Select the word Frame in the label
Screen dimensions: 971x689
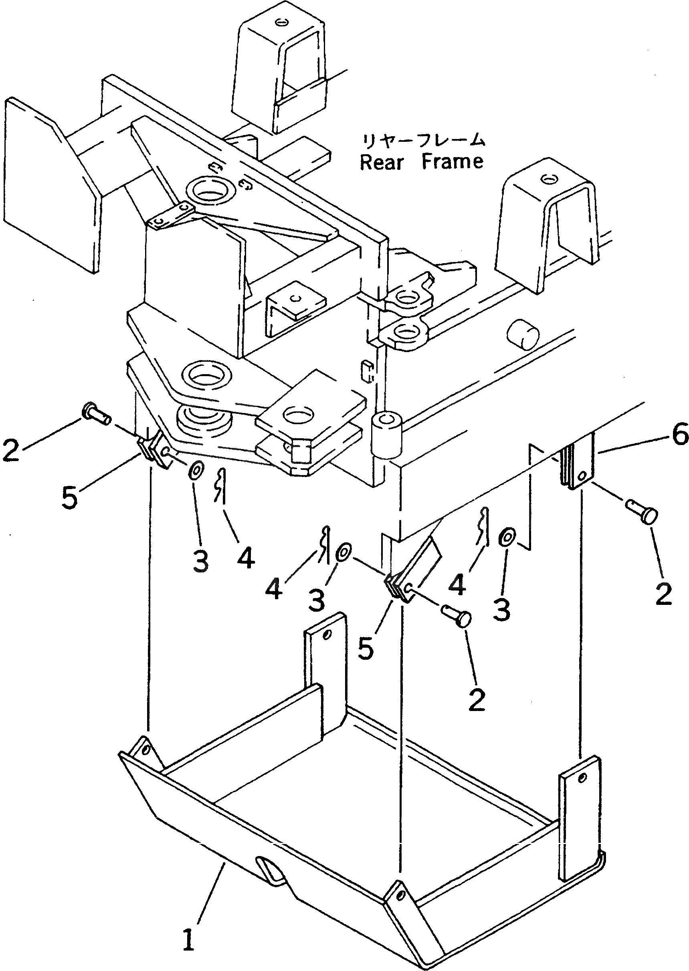coord(452,161)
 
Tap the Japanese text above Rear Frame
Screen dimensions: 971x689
coord(422,140)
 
